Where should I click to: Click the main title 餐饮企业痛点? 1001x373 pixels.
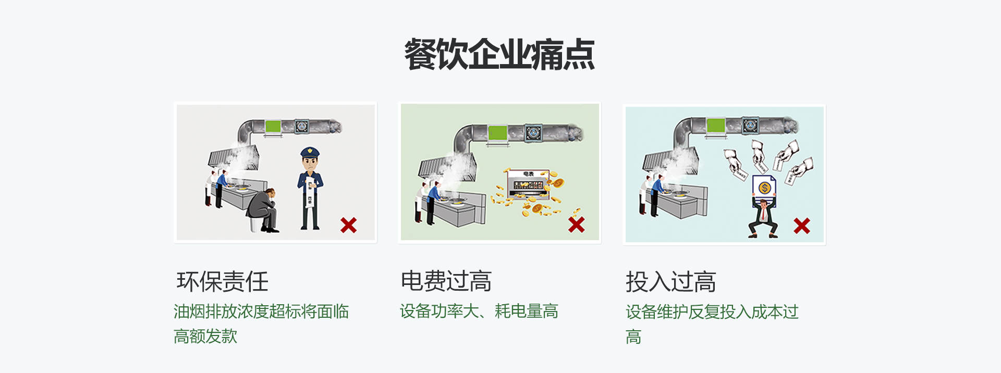pyautogui.click(x=499, y=54)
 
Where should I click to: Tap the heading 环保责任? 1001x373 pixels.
pyautogui.click(x=223, y=282)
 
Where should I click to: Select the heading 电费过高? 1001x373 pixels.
pyautogui.click(x=446, y=281)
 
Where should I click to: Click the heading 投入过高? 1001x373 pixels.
pyautogui.click(x=671, y=282)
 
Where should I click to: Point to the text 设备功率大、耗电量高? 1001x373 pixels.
pyautogui.click(x=479, y=312)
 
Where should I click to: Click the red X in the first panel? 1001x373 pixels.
pyautogui.click(x=348, y=225)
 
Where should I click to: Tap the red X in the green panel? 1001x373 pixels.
pyautogui.click(x=576, y=225)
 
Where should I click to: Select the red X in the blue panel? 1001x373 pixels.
pyautogui.click(x=801, y=226)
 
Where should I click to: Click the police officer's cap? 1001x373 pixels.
pyautogui.click(x=310, y=152)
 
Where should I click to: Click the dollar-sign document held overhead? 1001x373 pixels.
pyautogui.click(x=764, y=188)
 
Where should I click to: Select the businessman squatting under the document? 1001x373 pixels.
pyautogui.click(x=763, y=219)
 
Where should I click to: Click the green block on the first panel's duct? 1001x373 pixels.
pyautogui.click(x=273, y=126)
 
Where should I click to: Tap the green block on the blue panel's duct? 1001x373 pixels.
pyautogui.click(x=715, y=126)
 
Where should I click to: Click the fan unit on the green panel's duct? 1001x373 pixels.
pyautogui.click(x=533, y=132)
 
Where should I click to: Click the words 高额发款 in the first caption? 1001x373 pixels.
pyautogui.click(x=205, y=337)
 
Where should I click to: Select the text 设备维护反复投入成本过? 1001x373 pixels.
pyautogui.click(x=712, y=312)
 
